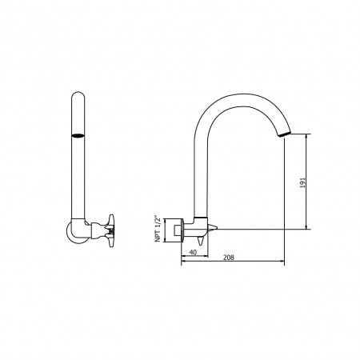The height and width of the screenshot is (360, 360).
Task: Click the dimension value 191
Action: pyautogui.click(x=302, y=182)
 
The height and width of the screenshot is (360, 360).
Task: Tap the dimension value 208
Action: pyautogui.click(x=229, y=258)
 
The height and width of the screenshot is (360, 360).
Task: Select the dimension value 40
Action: pyautogui.click(x=193, y=252)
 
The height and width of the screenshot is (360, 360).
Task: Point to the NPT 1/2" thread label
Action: pyautogui.click(x=158, y=227)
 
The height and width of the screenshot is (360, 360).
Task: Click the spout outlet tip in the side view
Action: pyautogui.click(x=284, y=134)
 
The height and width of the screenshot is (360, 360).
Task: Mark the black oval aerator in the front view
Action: pyautogui.click(x=78, y=136)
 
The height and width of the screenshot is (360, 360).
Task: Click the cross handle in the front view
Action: pyautogui.click(x=110, y=227)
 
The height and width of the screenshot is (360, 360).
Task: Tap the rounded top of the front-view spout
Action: pyautogui.click(x=78, y=94)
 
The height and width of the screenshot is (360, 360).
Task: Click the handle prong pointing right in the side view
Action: pyautogui.click(x=214, y=227)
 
